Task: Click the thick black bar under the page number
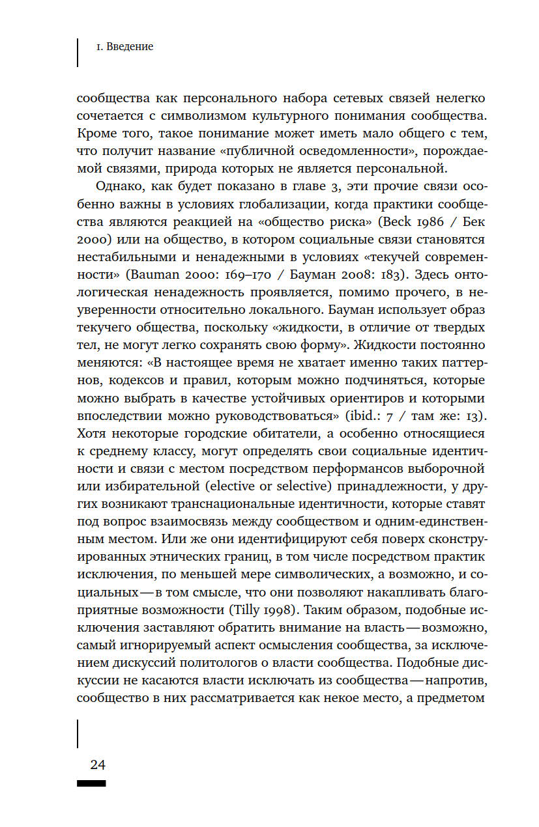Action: pos(91,783)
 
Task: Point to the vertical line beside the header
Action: pos(78,52)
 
